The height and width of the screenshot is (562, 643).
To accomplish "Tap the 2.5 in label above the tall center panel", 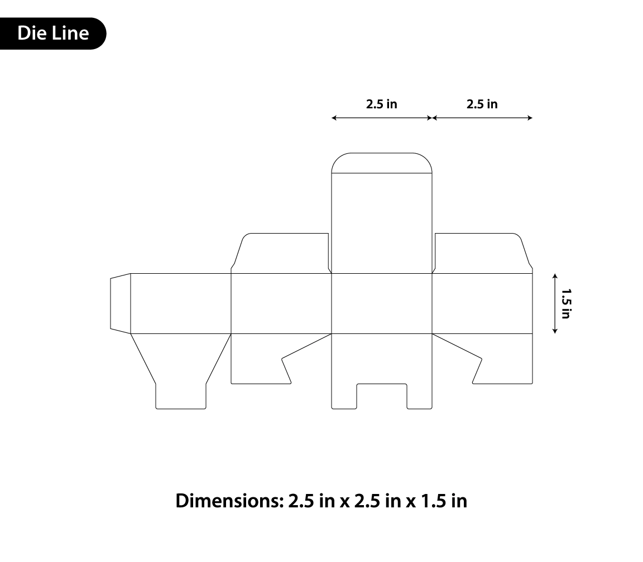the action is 382,104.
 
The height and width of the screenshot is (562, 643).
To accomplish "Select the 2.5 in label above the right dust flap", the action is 482,104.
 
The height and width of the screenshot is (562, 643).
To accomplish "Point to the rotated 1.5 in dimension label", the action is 567,303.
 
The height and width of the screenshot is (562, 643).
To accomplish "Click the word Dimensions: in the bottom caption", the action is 229,501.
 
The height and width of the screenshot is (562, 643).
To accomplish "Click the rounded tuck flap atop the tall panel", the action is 382,163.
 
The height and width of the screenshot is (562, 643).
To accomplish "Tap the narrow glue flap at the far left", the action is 121,303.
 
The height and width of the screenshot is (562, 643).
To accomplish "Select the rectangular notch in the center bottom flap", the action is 382,396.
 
